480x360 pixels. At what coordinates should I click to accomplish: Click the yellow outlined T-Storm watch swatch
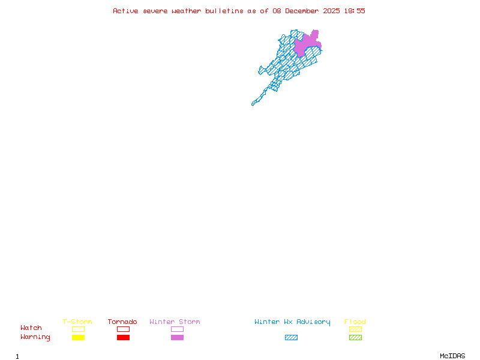coord(78,329)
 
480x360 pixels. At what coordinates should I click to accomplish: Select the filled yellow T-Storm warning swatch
coord(78,338)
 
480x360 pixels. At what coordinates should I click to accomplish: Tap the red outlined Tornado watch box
coord(123,329)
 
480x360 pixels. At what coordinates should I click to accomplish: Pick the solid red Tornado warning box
coord(123,338)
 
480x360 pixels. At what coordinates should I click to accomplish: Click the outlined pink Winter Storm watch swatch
coord(177,329)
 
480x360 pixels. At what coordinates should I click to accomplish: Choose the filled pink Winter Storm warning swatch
coord(177,338)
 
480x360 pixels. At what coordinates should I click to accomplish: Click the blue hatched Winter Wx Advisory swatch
coord(291,338)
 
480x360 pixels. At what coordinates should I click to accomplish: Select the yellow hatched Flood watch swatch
coord(355,329)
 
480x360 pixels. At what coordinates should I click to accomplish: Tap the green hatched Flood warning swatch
coord(355,338)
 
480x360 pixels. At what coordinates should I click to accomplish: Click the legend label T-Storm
coord(77,322)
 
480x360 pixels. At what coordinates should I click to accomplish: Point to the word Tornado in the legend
coord(122,322)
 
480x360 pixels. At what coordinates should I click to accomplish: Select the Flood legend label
coord(355,322)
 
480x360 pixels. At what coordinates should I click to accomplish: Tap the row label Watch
coord(31,328)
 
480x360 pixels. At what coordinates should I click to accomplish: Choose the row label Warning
coord(35,337)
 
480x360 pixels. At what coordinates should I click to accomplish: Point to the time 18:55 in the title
coord(355,11)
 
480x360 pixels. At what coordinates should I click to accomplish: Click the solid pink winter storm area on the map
coord(306,45)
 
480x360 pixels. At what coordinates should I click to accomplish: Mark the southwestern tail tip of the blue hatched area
coord(253,104)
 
